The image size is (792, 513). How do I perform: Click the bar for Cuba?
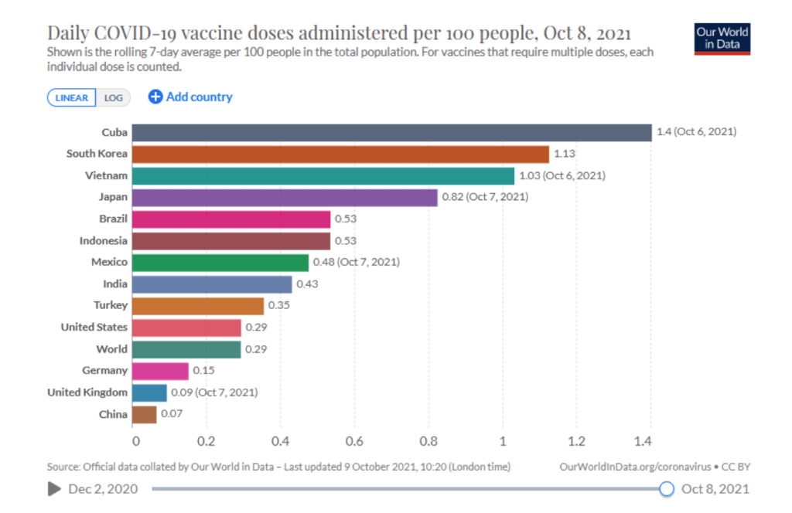pos(391,132)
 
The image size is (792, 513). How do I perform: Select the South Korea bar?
pos(340,154)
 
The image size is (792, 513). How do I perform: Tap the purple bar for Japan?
pos(285,197)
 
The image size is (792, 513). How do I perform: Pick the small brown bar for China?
pos(145,414)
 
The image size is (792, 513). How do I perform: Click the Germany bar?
pos(160,371)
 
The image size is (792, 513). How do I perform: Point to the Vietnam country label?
pos(106,175)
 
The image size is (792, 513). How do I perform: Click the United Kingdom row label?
pos(87,392)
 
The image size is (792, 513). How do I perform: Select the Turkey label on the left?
pos(111,305)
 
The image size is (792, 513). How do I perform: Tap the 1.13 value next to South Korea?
pos(565,154)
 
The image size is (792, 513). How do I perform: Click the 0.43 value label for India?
pos(307,284)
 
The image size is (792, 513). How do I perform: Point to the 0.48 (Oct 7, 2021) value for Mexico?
pos(356,262)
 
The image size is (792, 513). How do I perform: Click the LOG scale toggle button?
pos(114,97)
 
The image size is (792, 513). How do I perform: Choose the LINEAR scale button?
pos(72,97)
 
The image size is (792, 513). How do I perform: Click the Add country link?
pos(190,97)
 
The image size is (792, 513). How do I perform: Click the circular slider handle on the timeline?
pos(667,488)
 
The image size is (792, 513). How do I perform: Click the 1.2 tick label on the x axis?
pos(576,441)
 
